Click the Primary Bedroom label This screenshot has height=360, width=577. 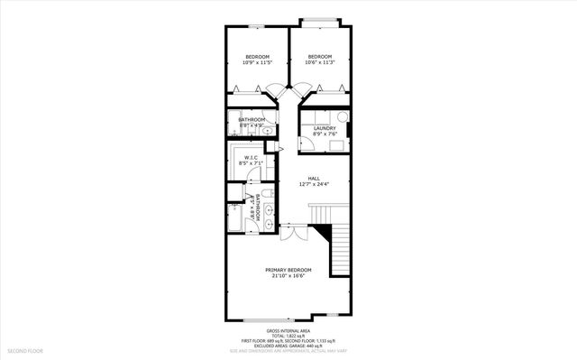tap(288, 270)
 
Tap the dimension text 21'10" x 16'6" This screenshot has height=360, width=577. tap(288, 277)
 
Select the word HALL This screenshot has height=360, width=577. tap(314, 178)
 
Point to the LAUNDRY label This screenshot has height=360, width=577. tap(325, 128)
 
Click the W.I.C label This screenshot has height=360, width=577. tap(252, 158)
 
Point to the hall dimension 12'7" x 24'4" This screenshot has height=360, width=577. tap(314, 185)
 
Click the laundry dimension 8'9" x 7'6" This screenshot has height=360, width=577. tap(325, 135)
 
